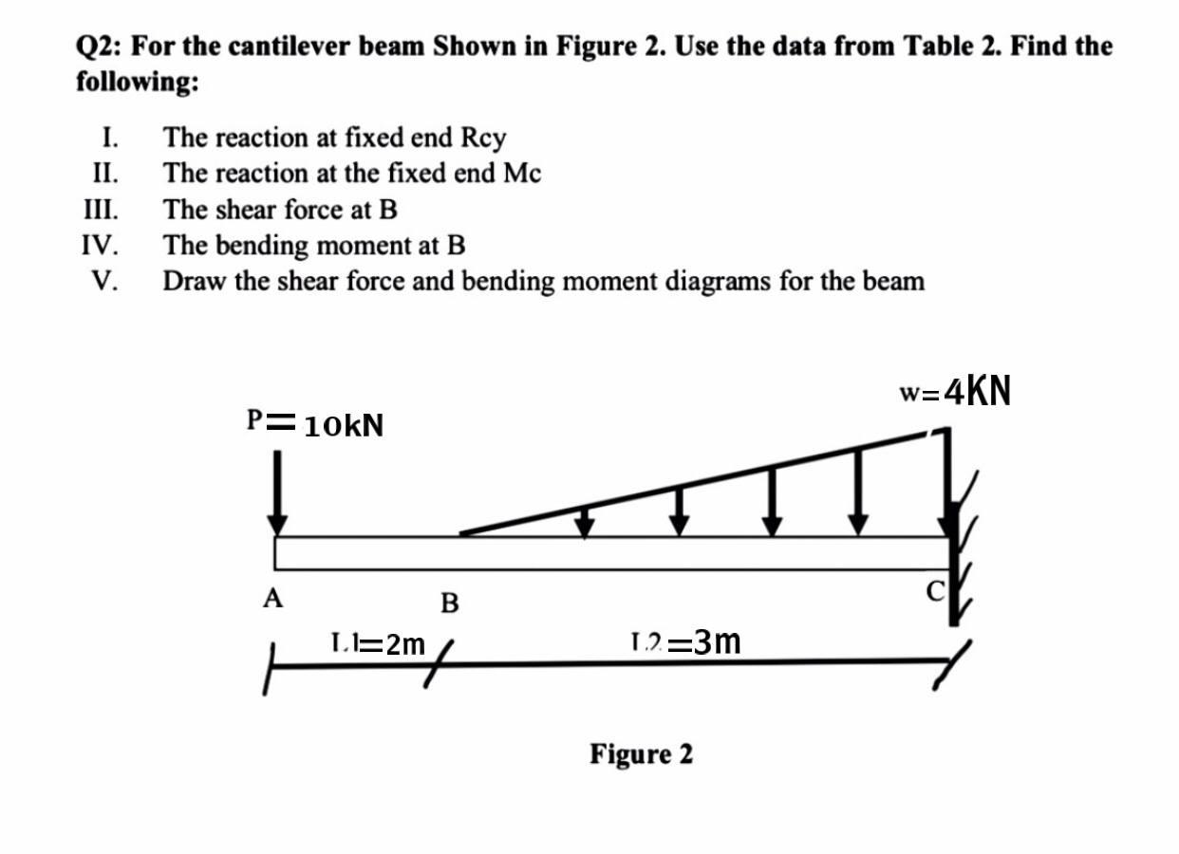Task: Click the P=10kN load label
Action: (x=315, y=424)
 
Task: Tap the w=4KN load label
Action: (x=954, y=390)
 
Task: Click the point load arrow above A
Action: (x=277, y=492)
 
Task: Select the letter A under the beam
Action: (x=273, y=598)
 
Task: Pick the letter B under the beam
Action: (x=450, y=603)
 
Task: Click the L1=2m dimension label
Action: (x=378, y=644)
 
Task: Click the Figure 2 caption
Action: (x=641, y=754)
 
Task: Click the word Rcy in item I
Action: (x=483, y=138)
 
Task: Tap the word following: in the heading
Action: (x=138, y=82)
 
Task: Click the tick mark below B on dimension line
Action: (x=437, y=657)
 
